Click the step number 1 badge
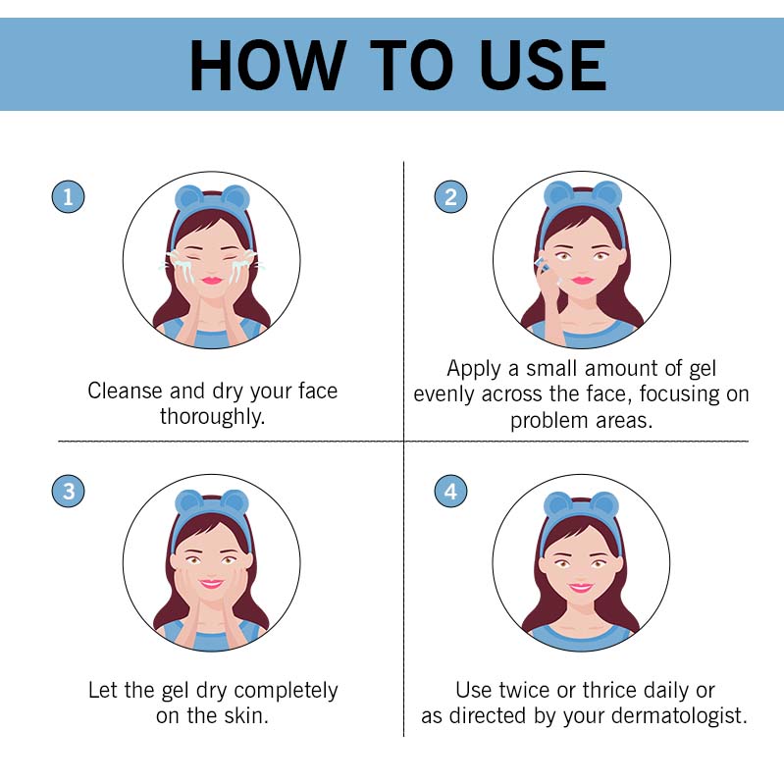(68, 196)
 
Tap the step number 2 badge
(450, 196)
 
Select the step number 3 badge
(68, 491)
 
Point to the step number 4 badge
(450, 491)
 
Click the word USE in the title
(543, 66)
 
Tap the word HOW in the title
(268, 66)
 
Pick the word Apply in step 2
(475, 369)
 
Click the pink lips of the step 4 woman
(581, 587)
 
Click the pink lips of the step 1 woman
(212, 281)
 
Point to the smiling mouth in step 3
(211, 584)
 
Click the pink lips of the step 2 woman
(583, 281)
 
